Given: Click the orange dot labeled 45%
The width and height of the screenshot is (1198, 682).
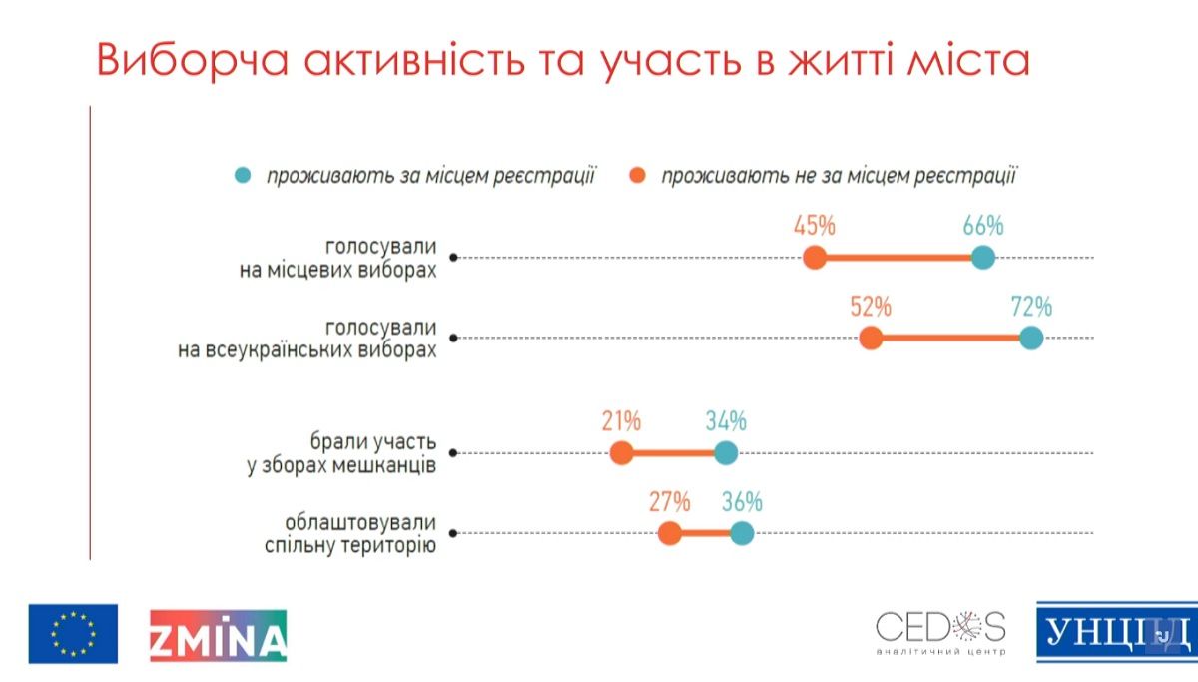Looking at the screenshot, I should pyautogui.click(x=815, y=258).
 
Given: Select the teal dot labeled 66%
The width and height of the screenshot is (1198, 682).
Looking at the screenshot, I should pyautogui.click(x=983, y=258).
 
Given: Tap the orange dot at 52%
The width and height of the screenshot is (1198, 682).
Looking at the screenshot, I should pyautogui.click(x=871, y=339).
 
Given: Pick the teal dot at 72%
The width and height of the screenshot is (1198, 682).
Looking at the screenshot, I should pyautogui.click(x=1031, y=339).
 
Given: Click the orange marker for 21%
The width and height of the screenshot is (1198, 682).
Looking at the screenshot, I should pyautogui.click(x=621, y=454).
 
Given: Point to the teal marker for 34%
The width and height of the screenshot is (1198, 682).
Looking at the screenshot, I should pyautogui.click(x=726, y=454).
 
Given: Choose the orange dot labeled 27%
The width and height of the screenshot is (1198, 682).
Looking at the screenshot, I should pyautogui.click(x=670, y=534).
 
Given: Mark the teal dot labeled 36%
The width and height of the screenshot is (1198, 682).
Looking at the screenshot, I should pyautogui.click(x=741, y=534).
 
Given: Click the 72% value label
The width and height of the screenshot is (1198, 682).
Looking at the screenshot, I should pyautogui.click(x=1031, y=306).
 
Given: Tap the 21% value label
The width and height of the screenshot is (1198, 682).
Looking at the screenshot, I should pyautogui.click(x=621, y=421).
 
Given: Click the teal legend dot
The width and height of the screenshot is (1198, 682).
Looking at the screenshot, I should pyautogui.click(x=242, y=177).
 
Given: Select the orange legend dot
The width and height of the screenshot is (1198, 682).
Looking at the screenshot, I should pyautogui.click(x=636, y=177).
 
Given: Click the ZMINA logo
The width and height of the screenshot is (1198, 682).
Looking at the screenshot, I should pyautogui.click(x=218, y=634).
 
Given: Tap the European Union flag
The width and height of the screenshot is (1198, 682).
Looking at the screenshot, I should pyautogui.click(x=73, y=634).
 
